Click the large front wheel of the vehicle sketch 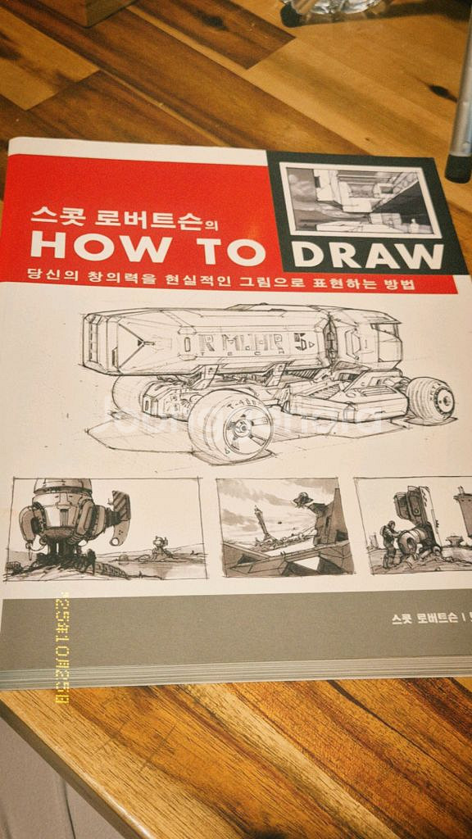(232, 425)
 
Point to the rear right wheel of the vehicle (431, 399)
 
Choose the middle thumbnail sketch (285, 526)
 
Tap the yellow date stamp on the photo (62, 647)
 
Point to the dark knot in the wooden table (442, 92)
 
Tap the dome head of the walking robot (62, 489)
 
